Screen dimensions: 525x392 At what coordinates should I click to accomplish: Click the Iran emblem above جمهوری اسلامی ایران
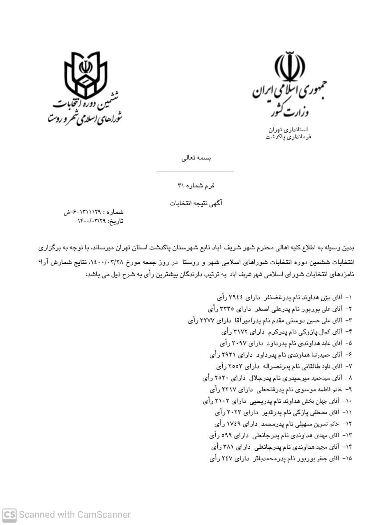(x=290, y=67)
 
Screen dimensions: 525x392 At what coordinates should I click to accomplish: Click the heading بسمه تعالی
(x=196, y=158)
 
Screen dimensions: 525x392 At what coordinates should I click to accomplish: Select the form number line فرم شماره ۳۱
(x=196, y=186)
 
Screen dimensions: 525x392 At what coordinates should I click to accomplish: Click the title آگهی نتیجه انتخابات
(x=196, y=203)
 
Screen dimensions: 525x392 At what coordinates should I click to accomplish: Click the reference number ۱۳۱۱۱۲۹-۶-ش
(x=82, y=212)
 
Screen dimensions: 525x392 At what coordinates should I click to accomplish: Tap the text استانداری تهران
(x=288, y=130)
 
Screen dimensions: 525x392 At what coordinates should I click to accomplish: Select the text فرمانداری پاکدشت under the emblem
(x=288, y=137)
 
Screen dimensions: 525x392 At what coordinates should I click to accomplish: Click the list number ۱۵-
(x=347, y=459)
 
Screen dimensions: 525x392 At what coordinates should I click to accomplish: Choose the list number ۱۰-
(x=347, y=401)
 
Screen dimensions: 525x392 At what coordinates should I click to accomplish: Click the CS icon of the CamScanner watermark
(x=9, y=515)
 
